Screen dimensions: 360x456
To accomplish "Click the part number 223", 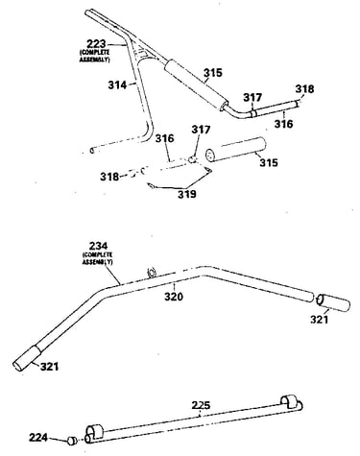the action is [96, 44].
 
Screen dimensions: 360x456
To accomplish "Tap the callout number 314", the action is [117, 85].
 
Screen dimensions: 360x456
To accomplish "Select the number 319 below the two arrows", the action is [187, 194].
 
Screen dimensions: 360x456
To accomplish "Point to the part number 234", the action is [98, 247].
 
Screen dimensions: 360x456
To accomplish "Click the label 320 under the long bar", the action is [174, 297].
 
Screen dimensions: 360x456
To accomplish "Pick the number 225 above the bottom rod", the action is [201, 405].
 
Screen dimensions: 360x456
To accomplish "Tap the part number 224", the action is [38, 437].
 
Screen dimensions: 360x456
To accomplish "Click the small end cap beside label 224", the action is [72, 441].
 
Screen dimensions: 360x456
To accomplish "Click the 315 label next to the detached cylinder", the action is [269, 162].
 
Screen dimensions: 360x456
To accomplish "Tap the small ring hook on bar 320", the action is [151, 273].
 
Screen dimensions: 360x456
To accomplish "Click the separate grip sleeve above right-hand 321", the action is [332, 303].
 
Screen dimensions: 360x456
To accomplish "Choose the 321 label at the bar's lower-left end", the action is [50, 367].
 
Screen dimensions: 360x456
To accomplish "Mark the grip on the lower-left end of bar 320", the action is [26, 359].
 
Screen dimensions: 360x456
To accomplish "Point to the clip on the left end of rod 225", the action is [94, 432].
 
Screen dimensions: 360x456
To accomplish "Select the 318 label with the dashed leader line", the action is [109, 177].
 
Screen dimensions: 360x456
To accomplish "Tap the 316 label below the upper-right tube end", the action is [283, 123].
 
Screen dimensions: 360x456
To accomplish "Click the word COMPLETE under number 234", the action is [97, 255].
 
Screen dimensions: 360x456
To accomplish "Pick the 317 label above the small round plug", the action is [201, 130].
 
